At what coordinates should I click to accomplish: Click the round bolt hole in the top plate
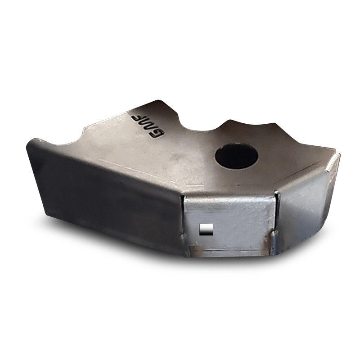236,156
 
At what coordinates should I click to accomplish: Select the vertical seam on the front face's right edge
275,220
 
